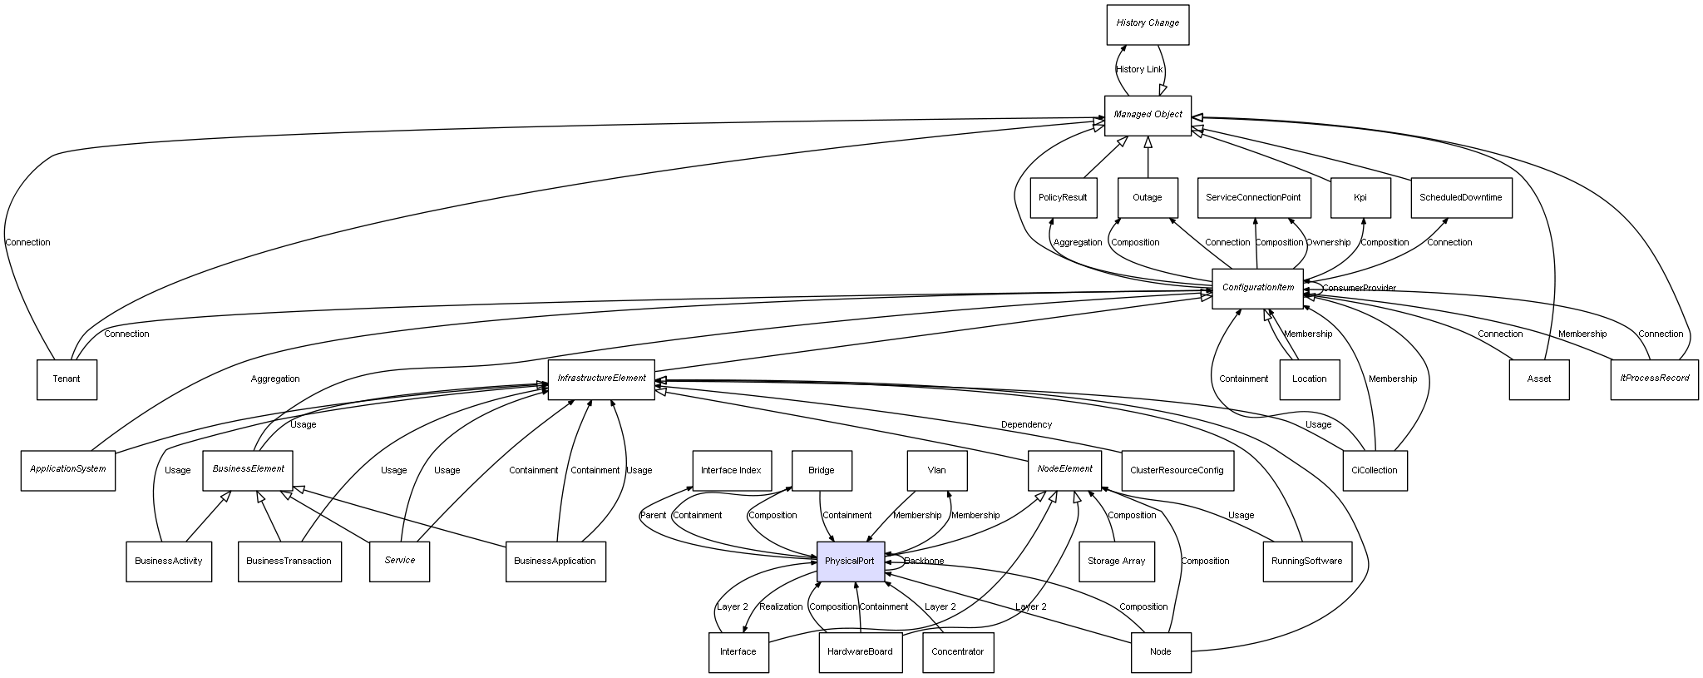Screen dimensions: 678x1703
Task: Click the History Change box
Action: tap(1148, 24)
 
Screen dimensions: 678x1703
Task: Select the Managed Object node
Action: tap(1148, 115)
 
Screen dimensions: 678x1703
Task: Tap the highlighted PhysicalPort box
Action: tap(850, 562)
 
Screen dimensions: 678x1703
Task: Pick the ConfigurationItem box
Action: tap(1257, 288)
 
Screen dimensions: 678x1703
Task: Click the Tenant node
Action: tap(67, 379)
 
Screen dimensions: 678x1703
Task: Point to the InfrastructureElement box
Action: tap(601, 379)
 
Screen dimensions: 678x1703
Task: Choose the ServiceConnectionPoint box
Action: tap(1253, 198)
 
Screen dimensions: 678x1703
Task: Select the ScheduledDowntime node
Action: tap(1461, 198)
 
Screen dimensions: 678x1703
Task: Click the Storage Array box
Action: tap(1116, 562)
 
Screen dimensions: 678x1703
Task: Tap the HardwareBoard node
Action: tap(860, 652)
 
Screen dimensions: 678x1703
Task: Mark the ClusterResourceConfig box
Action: tap(1177, 471)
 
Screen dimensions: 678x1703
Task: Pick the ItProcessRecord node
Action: tap(1654, 379)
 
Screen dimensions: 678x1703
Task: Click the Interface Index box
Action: tap(731, 471)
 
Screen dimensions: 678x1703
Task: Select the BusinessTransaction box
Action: tap(289, 562)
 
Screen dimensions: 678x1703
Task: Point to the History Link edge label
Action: tap(1139, 70)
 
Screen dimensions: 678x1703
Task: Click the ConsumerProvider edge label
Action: tap(1359, 289)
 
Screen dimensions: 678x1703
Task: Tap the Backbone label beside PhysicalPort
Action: tap(924, 562)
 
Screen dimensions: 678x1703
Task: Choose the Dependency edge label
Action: tap(1026, 425)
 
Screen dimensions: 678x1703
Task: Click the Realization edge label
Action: tap(781, 607)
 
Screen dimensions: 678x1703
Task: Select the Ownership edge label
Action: tap(1328, 243)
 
